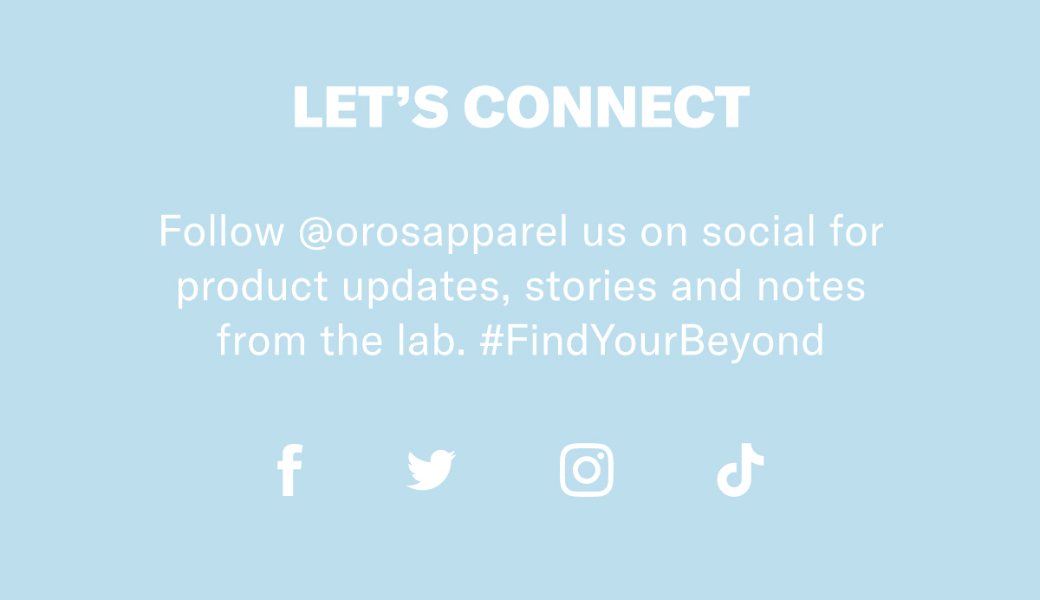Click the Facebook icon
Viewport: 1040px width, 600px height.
289,470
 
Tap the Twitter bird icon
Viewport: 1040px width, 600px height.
431,469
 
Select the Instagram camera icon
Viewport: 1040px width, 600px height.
587,470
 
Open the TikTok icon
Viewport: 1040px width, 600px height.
740,470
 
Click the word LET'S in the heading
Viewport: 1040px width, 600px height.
371,107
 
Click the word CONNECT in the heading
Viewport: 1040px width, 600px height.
607,107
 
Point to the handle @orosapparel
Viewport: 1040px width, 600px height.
433,232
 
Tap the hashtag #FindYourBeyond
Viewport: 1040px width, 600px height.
652,342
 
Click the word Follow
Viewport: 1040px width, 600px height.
222,231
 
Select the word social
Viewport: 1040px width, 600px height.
758,231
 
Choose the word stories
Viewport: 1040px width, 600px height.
590,285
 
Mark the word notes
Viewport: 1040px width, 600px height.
811,286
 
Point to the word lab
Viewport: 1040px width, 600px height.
432,340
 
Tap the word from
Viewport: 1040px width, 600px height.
262,340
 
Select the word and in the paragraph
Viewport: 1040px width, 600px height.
706,285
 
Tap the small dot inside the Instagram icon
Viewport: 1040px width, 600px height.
601,456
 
